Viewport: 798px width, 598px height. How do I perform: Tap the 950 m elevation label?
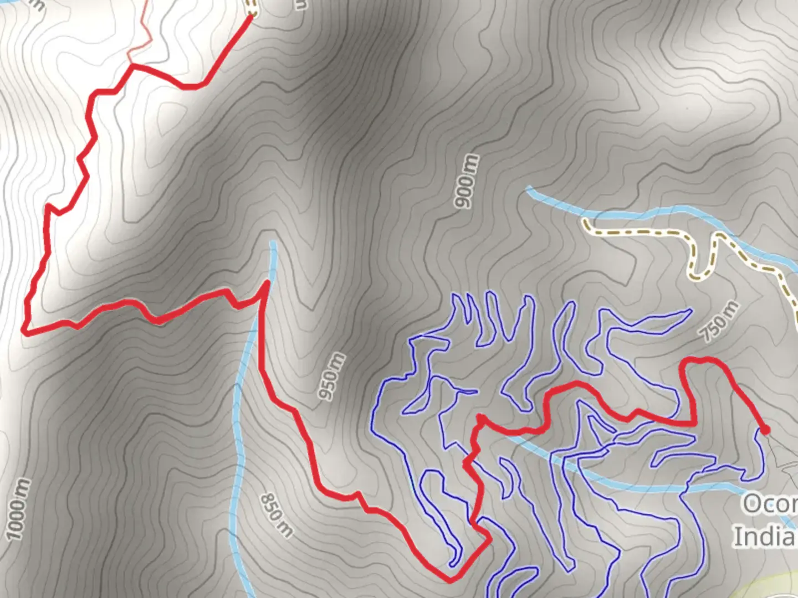(x=331, y=376)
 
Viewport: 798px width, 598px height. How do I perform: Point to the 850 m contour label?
(x=276, y=515)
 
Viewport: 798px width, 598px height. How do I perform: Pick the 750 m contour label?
(x=719, y=321)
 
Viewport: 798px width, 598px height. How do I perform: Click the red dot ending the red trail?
(x=765, y=430)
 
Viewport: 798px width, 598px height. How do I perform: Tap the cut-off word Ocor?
(x=769, y=504)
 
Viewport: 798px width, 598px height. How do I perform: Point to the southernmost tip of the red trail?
(x=450, y=580)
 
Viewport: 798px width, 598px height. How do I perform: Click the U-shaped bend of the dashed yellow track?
(x=699, y=274)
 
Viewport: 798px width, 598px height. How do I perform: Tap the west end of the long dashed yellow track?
(x=585, y=222)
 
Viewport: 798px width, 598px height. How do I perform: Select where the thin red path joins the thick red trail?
(x=132, y=65)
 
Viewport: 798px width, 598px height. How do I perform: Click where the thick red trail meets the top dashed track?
(x=250, y=15)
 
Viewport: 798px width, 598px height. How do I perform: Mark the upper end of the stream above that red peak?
(x=272, y=243)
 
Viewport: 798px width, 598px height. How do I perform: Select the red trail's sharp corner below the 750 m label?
(x=695, y=424)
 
